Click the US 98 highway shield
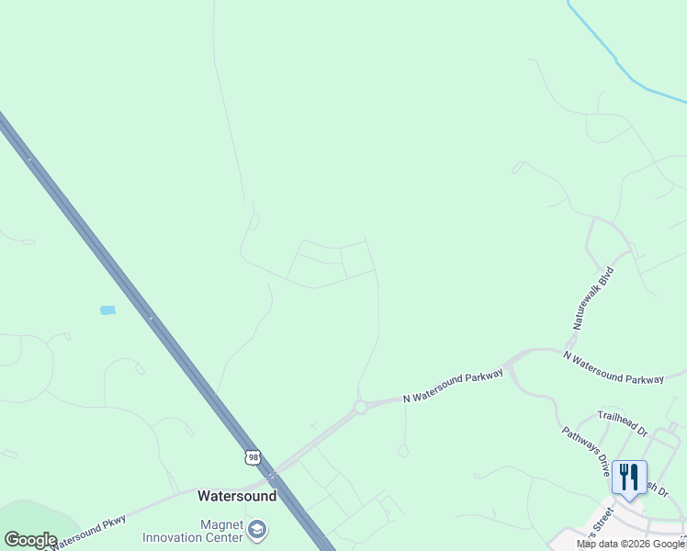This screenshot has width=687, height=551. click(253, 456)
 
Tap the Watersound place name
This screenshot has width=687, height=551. click(237, 496)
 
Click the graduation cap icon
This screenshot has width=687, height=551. click(258, 530)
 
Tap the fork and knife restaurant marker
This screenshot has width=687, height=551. click(629, 478)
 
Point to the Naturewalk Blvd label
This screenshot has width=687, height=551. click(591, 300)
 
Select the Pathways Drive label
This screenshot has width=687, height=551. click(586, 450)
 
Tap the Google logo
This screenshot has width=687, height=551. click(30, 540)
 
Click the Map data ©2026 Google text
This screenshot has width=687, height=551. click(630, 545)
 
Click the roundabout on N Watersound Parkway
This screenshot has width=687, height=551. click(360, 407)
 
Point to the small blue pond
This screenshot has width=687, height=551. click(107, 310)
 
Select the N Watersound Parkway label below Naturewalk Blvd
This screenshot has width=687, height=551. click(613, 366)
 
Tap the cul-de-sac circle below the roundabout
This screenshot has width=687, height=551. click(402, 451)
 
